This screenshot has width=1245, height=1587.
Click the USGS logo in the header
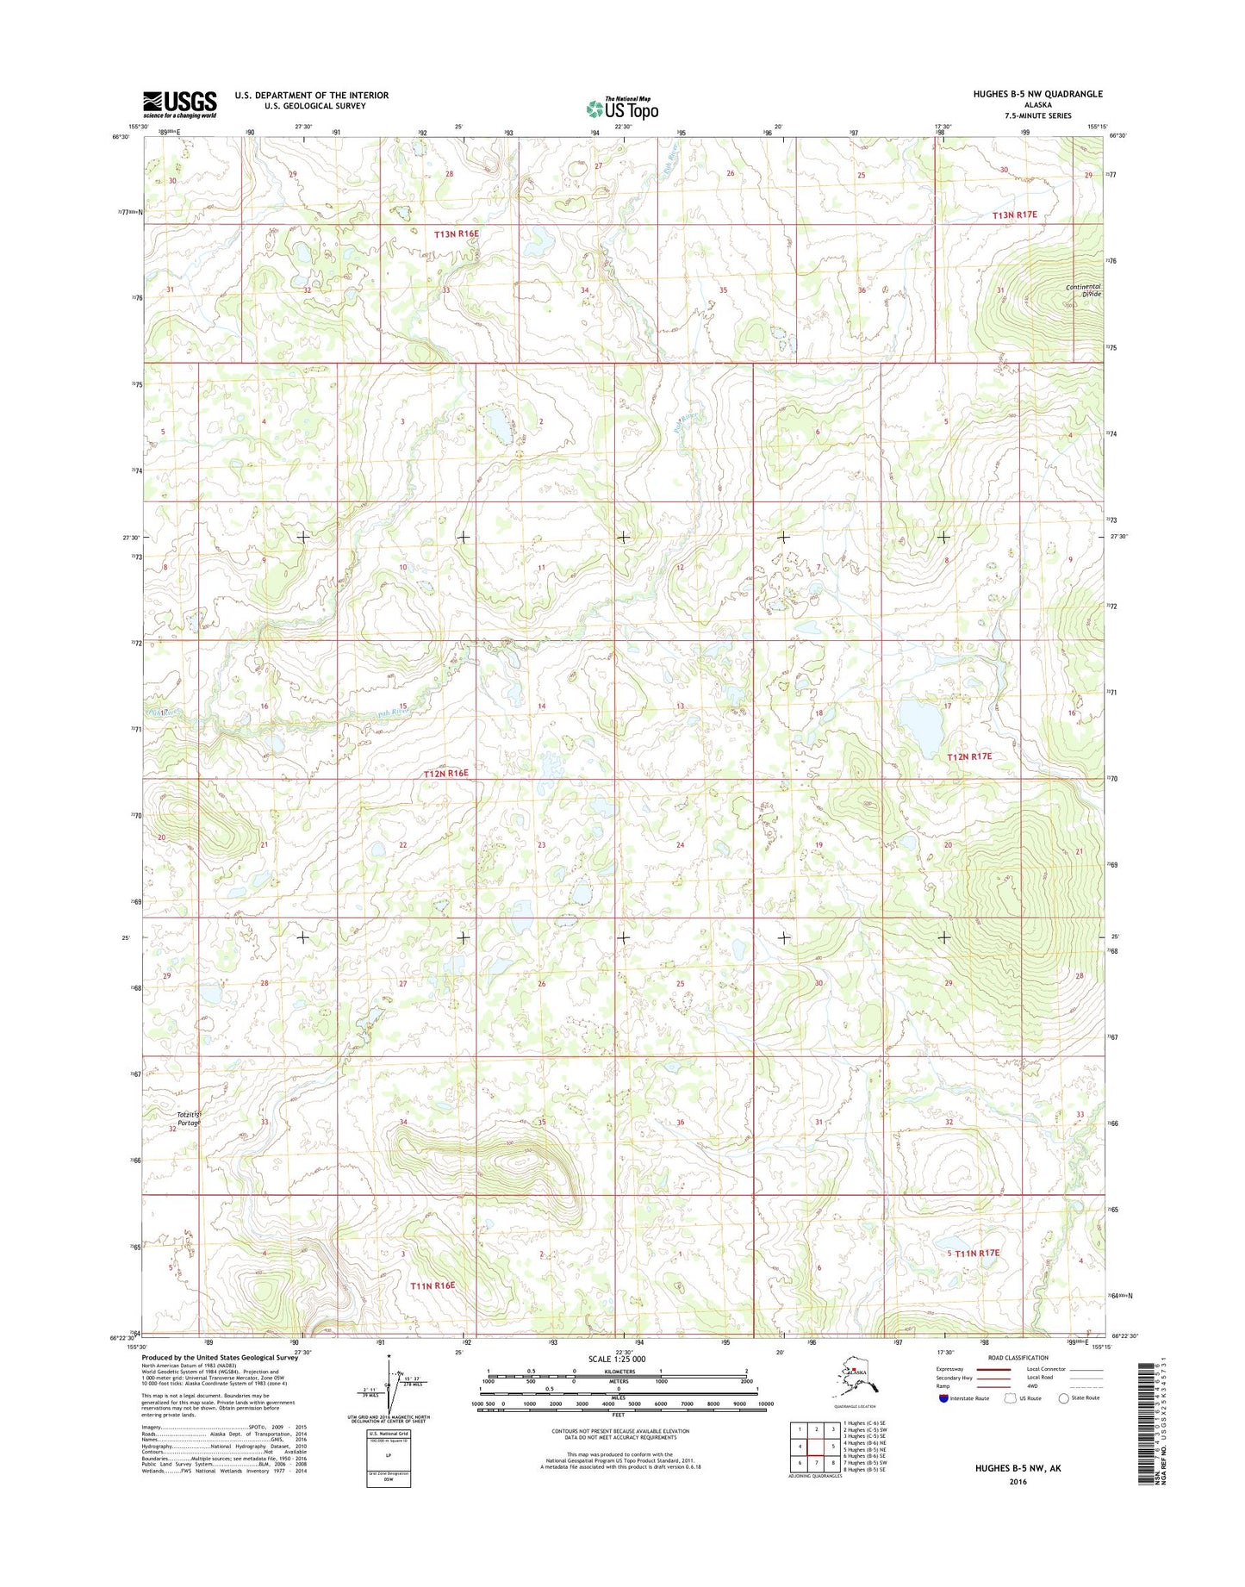(x=179, y=104)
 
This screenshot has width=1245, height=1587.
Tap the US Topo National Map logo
(x=622, y=108)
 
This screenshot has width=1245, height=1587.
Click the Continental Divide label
(x=1083, y=290)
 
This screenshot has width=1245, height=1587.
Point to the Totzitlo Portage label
(x=189, y=1118)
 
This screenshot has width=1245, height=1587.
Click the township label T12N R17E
(x=969, y=756)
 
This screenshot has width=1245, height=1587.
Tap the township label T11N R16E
(x=432, y=1285)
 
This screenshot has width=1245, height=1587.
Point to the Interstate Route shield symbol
(x=944, y=1398)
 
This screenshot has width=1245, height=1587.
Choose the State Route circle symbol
(x=1063, y=1398)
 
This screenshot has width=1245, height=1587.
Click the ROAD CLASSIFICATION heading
(x=1018, y=1357)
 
